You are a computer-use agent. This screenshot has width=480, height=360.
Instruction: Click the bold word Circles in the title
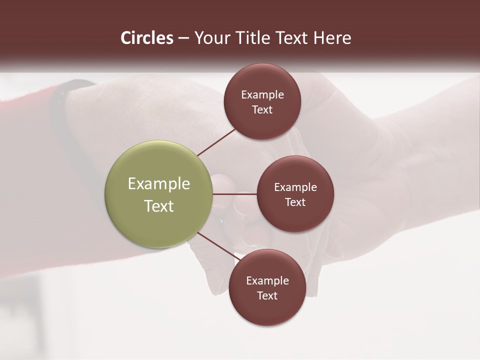click(x=147, y=38)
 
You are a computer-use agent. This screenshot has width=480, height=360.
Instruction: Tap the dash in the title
click(x=183, y=38)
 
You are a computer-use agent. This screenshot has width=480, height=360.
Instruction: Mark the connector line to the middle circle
click(x=234, y=194)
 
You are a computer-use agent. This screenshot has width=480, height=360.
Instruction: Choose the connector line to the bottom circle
click(x=218, y=246)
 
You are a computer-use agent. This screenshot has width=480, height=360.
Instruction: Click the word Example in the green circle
click(x=159, y=184)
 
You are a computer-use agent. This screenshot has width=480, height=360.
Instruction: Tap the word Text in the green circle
click(x=159, y=206)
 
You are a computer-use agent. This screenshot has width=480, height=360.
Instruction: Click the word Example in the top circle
click(x=262, y=95)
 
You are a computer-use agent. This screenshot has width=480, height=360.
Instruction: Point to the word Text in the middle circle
click(x=295, y=202)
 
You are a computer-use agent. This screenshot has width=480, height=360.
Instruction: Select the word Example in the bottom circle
click(x=267, y=281)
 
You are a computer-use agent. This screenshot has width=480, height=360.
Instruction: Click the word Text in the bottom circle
click(x=267, y=296)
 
